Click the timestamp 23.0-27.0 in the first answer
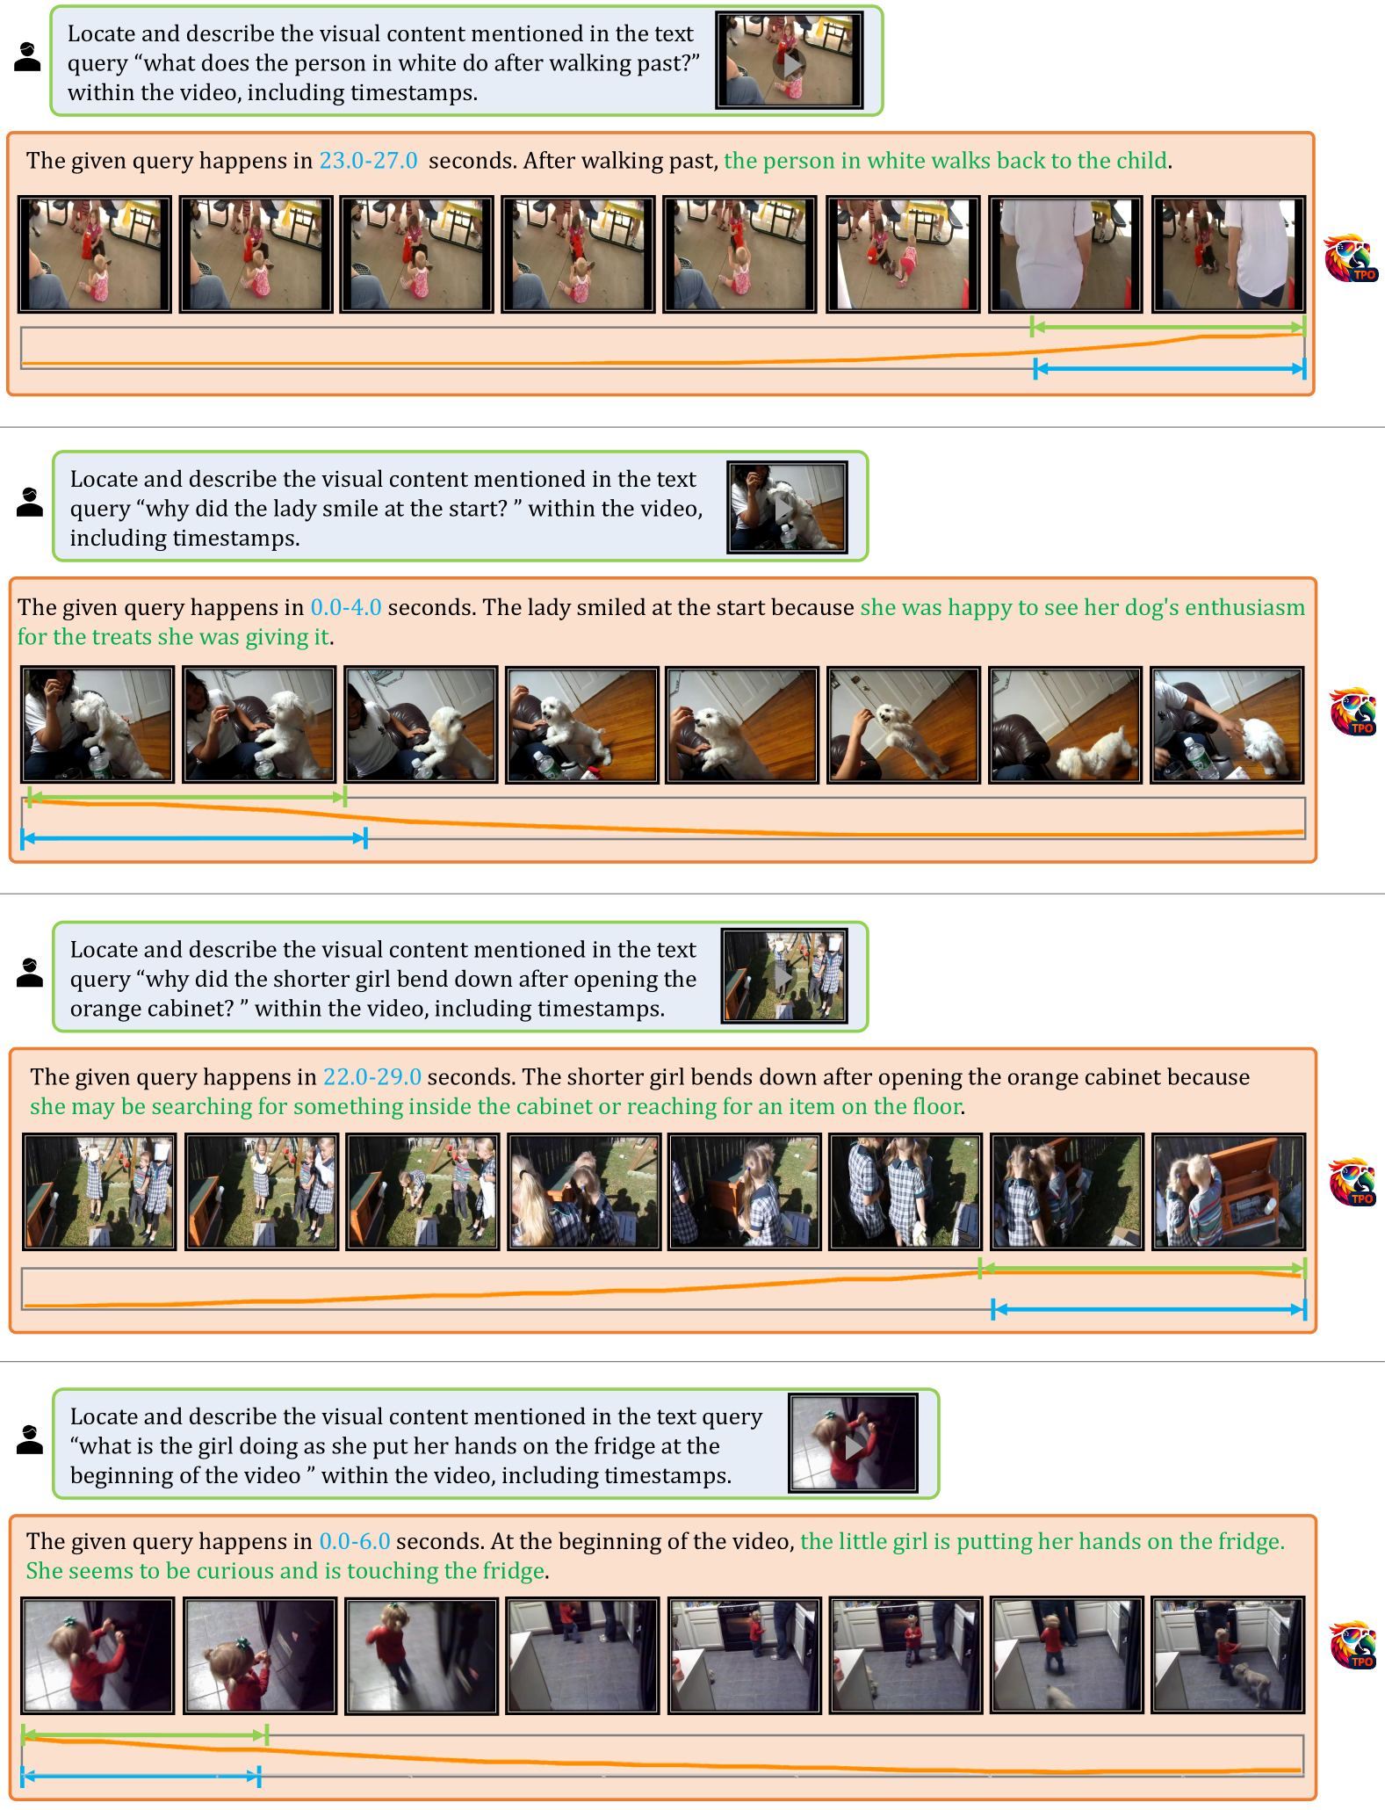368,161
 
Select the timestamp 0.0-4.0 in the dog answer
346,607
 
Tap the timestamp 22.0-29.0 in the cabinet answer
372,1077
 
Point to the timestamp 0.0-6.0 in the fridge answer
355,1541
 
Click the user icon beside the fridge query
30,1440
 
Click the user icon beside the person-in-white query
28,57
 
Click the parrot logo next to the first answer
1351,258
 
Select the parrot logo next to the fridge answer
1353,1645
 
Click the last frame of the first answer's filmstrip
1228,254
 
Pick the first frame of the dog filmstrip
97,725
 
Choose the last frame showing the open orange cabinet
1228,1191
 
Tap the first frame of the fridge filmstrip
97,1655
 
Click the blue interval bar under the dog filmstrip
193,838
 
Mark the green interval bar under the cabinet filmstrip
1143,1268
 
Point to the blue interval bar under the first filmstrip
1170,369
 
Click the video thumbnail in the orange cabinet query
784,976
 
